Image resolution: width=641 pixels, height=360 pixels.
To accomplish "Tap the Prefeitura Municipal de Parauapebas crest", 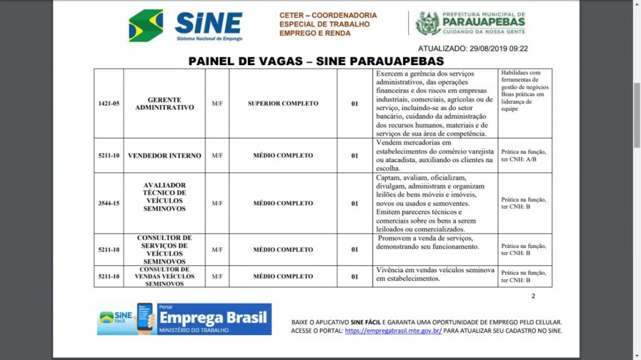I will [428, 23].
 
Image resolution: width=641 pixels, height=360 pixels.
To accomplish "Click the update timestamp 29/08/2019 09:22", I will [473, 48].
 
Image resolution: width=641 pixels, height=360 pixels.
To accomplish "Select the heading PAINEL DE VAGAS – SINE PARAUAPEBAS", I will [316, 61].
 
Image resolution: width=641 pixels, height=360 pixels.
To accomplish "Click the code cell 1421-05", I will [108, 103].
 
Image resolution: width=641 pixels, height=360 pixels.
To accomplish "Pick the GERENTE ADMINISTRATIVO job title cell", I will [164, 103].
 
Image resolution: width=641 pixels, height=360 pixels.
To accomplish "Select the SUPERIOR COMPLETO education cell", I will [283, 103].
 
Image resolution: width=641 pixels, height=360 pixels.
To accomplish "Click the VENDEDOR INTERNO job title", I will [164, 155].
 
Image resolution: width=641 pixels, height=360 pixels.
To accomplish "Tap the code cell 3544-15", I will [108, 203].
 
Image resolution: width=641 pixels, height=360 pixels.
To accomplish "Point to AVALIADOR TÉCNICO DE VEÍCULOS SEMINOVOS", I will [164, 197].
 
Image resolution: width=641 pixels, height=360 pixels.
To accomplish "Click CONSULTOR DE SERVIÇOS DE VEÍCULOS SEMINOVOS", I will [164, 250].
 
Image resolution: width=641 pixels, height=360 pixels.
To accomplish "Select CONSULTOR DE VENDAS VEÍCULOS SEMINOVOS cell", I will [164, 276].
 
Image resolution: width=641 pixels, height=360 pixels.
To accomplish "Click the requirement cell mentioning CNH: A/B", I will [524, 155].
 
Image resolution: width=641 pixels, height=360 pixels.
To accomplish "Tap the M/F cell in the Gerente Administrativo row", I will [217, 103].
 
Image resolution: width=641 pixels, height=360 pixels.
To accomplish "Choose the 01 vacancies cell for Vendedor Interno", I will [354, 155].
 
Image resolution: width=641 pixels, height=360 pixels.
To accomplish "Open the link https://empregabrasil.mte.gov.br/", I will [393, 331].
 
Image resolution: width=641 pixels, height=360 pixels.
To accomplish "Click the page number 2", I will [533, 296].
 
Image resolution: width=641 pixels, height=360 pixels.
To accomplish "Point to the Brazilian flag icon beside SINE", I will [146, 26].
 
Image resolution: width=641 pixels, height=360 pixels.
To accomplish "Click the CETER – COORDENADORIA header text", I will [328, 15].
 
